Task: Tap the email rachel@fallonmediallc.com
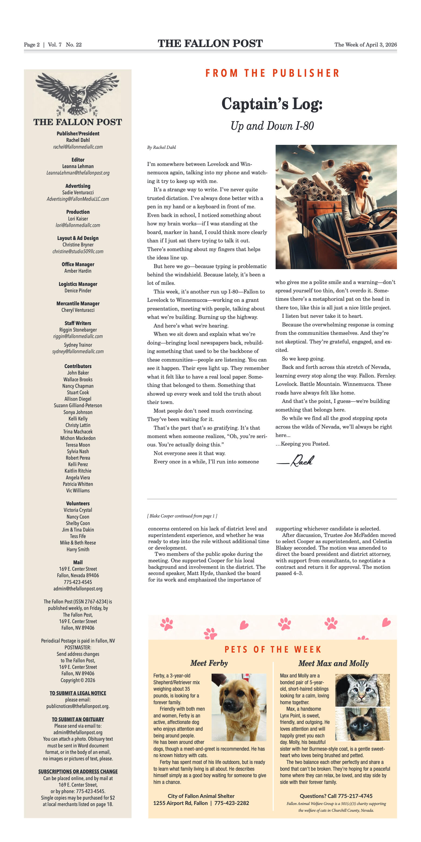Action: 78,147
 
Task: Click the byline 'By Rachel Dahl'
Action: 162,148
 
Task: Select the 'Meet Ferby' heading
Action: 209,663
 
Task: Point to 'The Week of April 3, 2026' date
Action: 365,45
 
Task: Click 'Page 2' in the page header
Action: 32,45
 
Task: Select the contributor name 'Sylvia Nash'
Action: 78,451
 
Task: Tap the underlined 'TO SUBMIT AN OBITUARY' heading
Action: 78,719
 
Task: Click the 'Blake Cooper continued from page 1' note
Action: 182,516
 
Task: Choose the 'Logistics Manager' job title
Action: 78,284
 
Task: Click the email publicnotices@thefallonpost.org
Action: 78,706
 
